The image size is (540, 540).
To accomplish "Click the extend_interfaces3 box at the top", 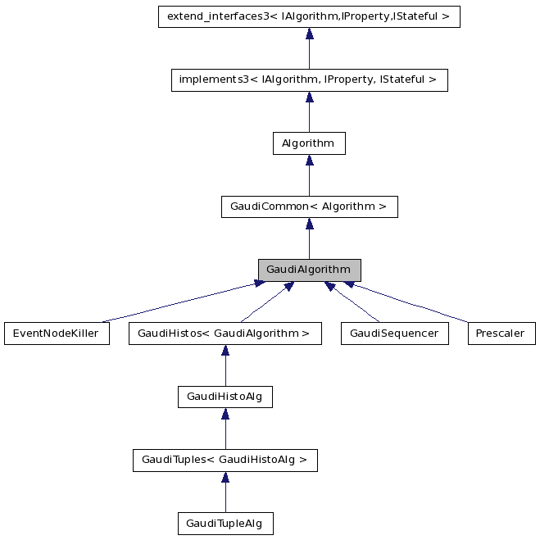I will [309, 16].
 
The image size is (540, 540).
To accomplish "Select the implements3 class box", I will [309, 80].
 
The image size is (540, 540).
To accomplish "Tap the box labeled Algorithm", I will [309, 143].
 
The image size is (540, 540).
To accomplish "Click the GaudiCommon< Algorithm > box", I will [309, 207].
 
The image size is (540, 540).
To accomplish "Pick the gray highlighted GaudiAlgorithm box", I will [309, 270].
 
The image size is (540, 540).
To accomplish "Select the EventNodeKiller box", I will [57, 334].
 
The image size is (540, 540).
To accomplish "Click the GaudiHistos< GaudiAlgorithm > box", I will [225, 334].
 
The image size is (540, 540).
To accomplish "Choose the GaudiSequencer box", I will [395, 334].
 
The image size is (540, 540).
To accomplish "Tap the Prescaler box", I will [501, 334].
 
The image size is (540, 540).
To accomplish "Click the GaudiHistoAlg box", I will [225, 397].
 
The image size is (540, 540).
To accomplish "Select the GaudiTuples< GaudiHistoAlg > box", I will [225, 461].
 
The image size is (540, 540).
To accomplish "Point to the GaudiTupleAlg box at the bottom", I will [225, 523].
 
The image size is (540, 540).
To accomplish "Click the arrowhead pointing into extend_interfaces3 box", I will [309, 34].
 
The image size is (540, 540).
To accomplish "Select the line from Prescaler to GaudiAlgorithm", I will [410, 302].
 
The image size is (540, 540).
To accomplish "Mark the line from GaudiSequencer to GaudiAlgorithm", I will [352, 302].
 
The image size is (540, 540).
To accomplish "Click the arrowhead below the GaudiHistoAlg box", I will [225, 415].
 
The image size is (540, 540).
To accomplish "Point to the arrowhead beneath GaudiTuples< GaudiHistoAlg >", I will [225, 478].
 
